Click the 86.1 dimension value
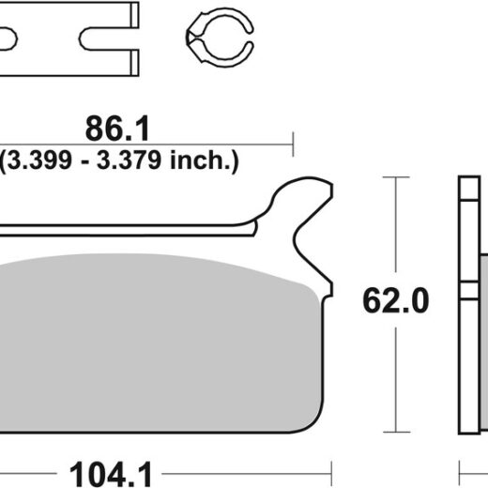tap(117, 129)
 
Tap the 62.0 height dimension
tap(396, 301)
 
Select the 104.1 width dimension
tap(111, 474)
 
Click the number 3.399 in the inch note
tap(39, 160)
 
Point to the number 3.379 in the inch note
tap(129, 160)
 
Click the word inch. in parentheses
tap(201, 160)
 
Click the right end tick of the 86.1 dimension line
tap(293, 145)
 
